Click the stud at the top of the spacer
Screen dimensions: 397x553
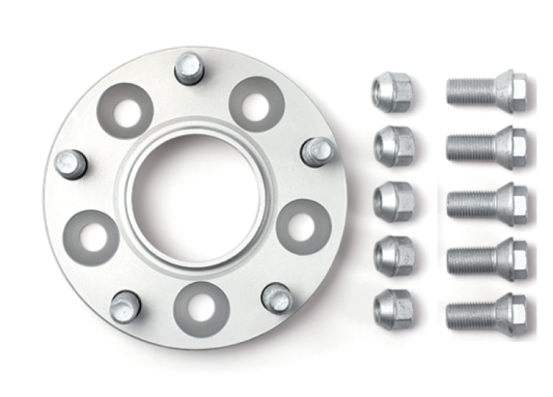pos(189,68)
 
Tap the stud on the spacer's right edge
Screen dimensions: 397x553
pos(318,150)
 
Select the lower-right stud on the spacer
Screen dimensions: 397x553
pos(276,297)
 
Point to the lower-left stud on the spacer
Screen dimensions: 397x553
pos(124,306)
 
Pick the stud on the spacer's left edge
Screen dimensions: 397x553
pos(71,164)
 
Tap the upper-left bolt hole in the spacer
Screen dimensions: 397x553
pos(126,111)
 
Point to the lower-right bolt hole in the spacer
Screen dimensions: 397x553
pos(301,226)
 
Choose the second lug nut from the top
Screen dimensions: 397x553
pos(393,145)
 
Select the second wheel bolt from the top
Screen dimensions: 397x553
pos(486,146)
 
